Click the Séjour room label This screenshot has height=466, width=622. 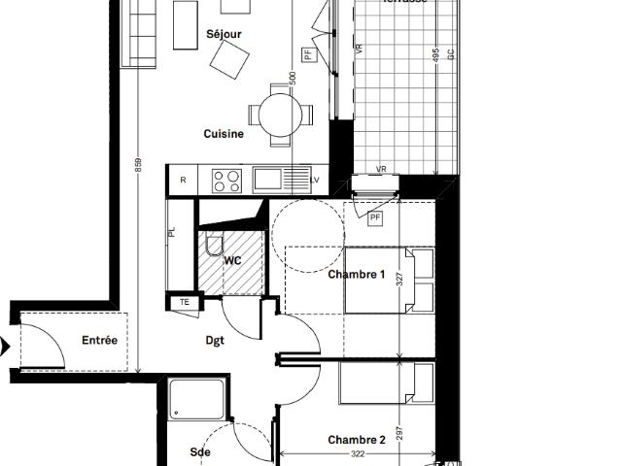coord(224,35)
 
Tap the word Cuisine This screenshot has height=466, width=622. coord(224,134)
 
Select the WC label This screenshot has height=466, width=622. coord(233,261)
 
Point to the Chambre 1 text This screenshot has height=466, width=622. coord(357,275)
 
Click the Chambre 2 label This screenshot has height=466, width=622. coord(357,440)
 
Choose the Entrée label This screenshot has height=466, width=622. coord(99,341)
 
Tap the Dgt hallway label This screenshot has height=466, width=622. coord(215,341)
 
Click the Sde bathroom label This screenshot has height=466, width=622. coord(201,452)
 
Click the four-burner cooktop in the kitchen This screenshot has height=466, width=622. coord(226,180)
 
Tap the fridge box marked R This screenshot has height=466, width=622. coord(183,180)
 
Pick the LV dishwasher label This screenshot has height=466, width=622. coord(315,181)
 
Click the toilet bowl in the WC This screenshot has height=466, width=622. coord(215,245)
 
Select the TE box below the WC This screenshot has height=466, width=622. coord(184,303)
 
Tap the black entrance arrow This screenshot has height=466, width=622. coord(5,346)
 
